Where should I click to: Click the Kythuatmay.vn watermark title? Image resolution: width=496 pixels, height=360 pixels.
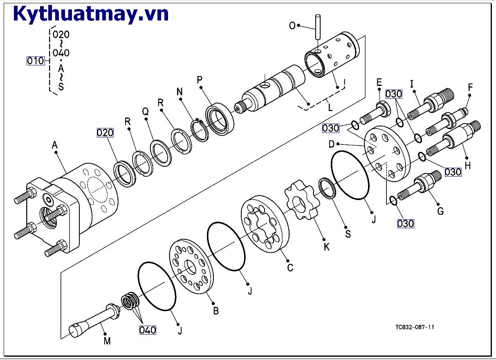(91, 13)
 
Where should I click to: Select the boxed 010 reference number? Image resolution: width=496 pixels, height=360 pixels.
(36, 61)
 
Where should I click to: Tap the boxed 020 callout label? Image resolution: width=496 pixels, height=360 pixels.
(105, 132)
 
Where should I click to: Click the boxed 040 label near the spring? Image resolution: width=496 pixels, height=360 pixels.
(148, 330)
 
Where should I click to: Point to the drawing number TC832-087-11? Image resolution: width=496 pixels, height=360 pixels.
(415, 327)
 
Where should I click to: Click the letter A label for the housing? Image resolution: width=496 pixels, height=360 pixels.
(55, 144)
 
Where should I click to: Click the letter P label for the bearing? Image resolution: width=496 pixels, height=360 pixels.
(200, 80)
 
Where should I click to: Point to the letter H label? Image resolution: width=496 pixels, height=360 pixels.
(468, 166)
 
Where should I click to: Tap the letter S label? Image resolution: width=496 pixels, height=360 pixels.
(348, 234)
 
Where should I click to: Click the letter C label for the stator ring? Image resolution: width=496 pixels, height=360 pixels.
(290, 268)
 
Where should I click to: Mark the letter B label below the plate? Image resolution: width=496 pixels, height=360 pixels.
(216, 310)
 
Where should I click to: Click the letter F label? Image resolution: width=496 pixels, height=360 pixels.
(471, 87)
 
